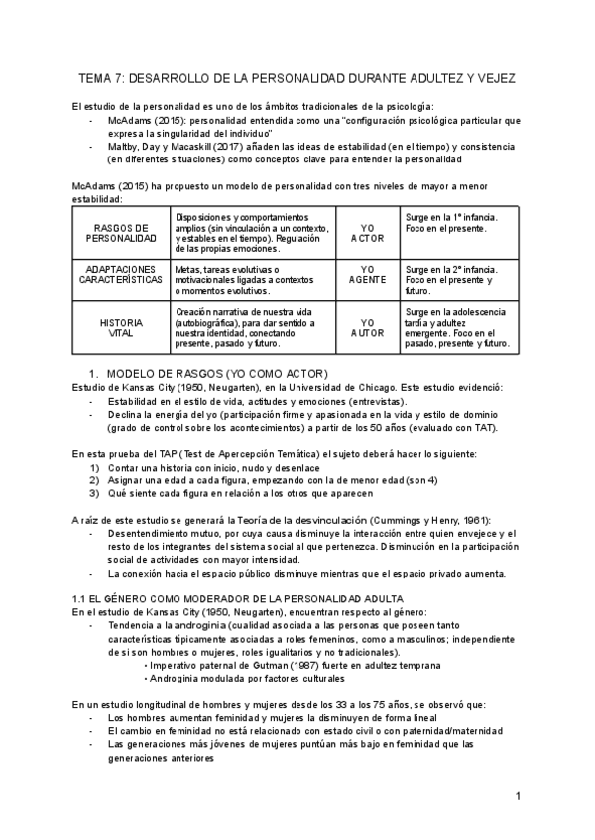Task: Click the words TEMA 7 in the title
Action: pyautogui.click(x=102, y=77)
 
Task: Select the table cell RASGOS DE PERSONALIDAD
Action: pyautogui.click(x=120, y=232)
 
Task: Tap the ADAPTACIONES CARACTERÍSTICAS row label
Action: pyautogui.click(x=120, y=275)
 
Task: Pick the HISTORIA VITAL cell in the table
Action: pyautogui.click(x=120, y=328)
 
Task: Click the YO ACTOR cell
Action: pyautogui.click(x=367, y=232)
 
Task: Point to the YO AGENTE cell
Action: pyautogui.click(x=367, y=275)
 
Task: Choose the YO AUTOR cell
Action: pyautogui.click(x=367, y=328)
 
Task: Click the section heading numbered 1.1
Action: pyautogui.click(x=238, y=599)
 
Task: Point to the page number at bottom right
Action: pyautogui.click(x=518, y=796)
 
